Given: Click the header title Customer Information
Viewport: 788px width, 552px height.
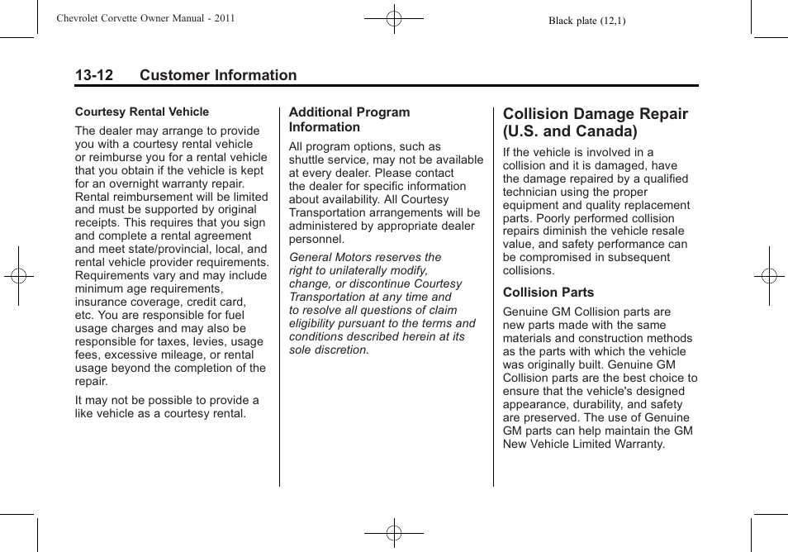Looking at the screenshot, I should pos(218,75).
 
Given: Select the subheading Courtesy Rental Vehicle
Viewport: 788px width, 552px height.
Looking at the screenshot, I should pos(142,112).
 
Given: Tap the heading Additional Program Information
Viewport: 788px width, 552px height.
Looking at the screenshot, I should pos(349,120).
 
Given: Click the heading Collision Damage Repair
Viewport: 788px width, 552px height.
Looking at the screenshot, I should pos(595,122).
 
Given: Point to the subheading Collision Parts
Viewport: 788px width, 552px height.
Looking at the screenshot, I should pos(548,293).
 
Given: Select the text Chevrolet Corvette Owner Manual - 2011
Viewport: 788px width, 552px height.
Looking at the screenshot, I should pos(145,18).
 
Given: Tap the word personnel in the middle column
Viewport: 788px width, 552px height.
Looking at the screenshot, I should pos(316,239).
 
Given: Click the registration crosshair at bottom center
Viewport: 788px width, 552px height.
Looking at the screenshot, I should pos(394,533).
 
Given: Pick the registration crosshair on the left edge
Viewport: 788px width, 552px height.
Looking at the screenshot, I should pos(18,276).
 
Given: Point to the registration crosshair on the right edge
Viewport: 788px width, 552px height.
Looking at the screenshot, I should pos(768,276).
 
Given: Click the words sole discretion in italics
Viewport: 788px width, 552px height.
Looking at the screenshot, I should pos(329,350).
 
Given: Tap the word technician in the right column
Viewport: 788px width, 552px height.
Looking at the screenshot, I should pos(532,192).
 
